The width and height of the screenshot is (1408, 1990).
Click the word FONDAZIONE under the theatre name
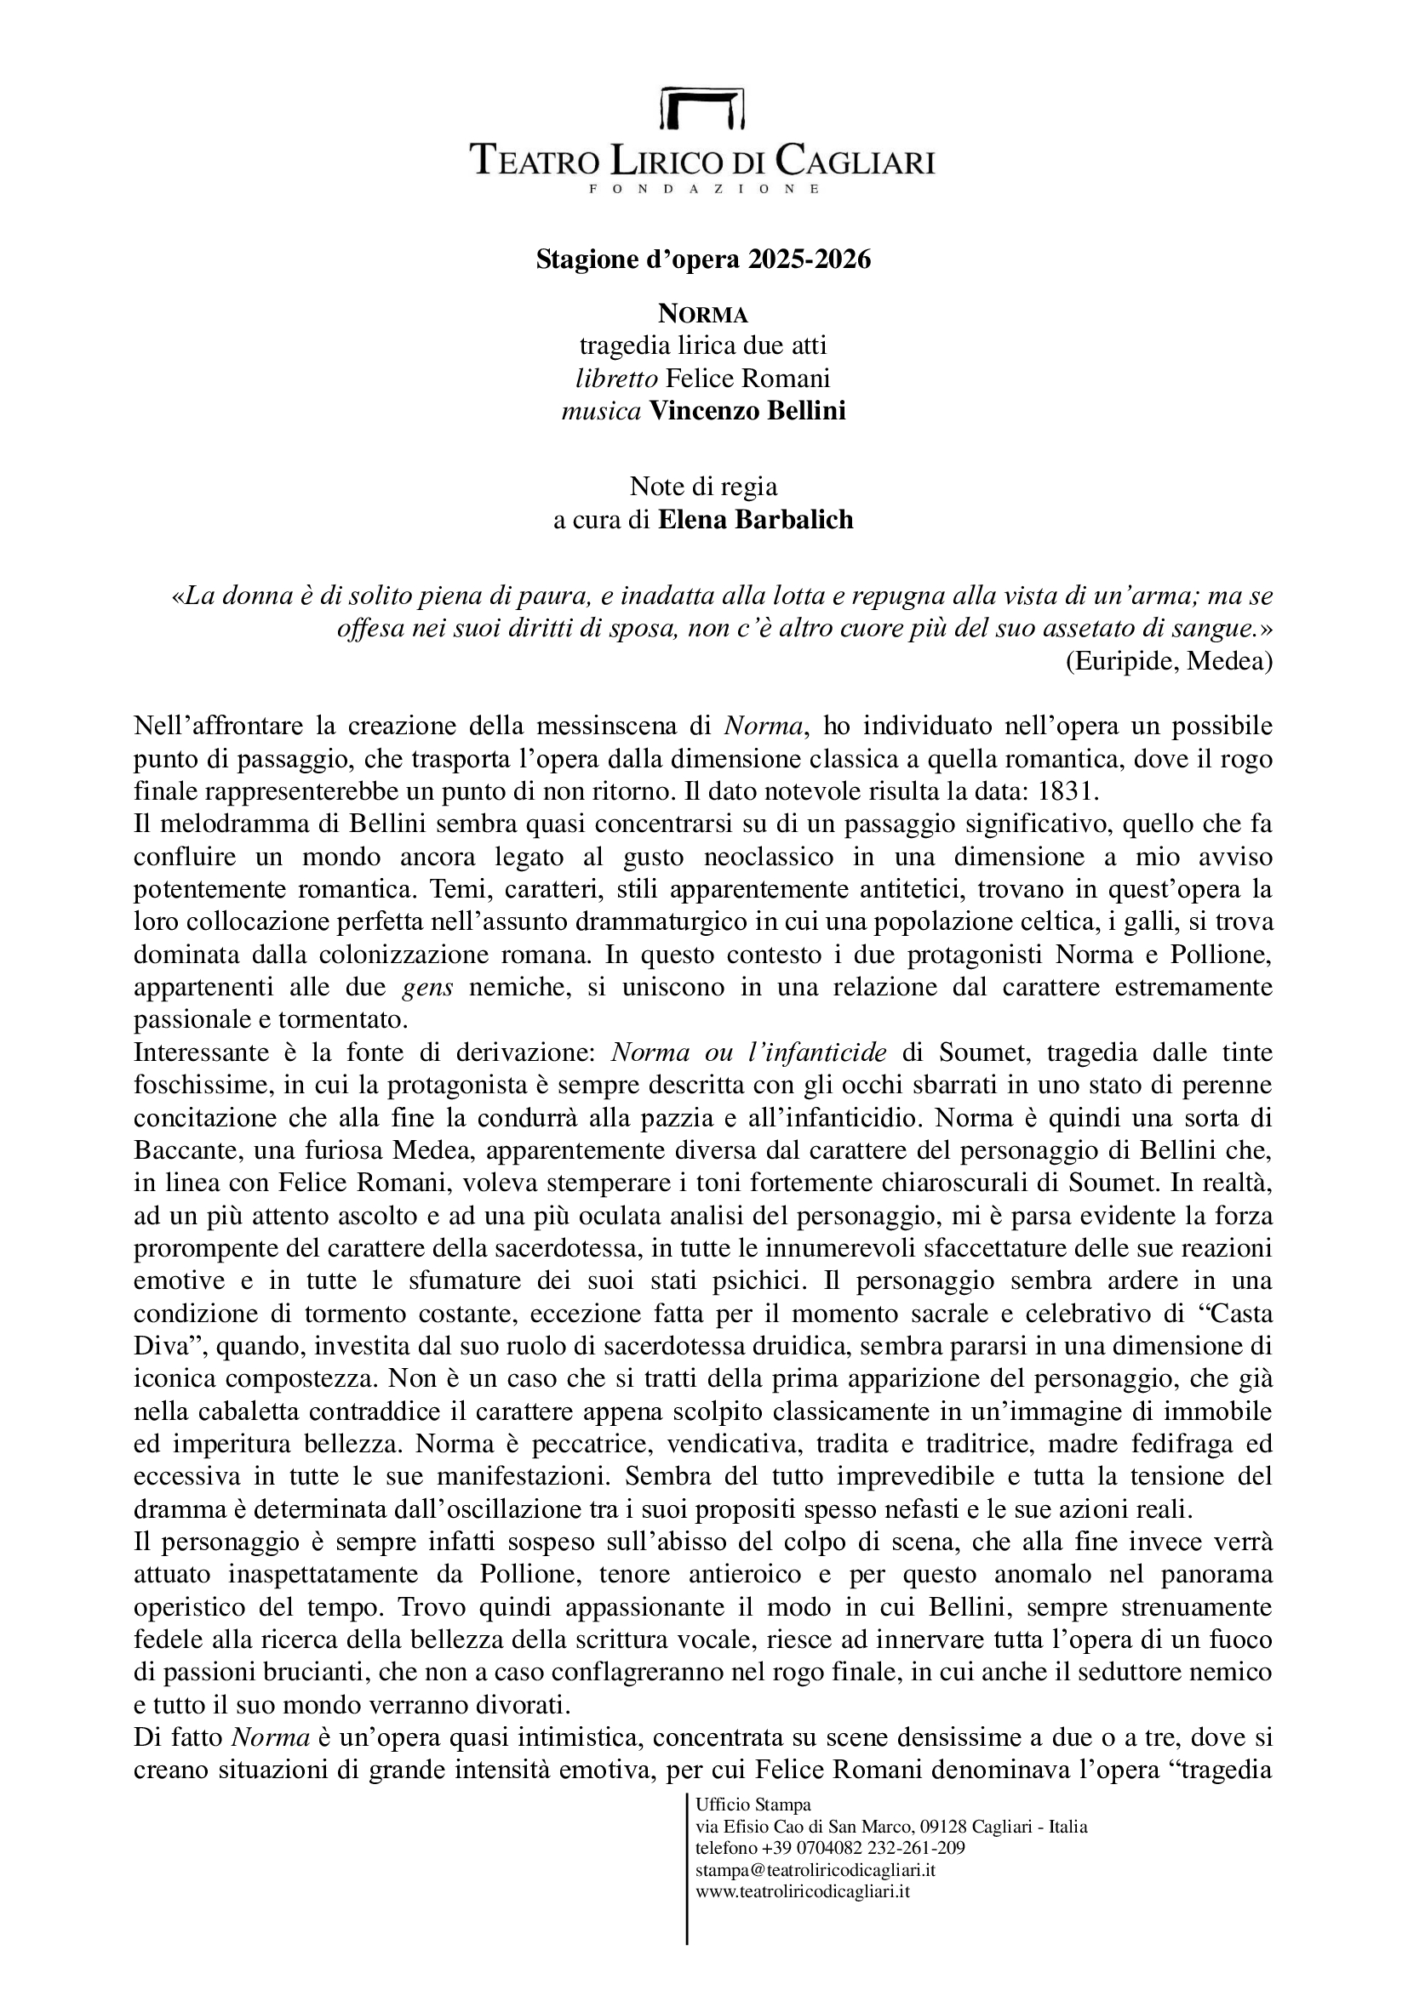click(x=703, y=189)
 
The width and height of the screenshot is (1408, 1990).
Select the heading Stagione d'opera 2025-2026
click(x=703, y=259)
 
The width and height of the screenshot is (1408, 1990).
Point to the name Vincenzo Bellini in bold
click(x=747, y=411)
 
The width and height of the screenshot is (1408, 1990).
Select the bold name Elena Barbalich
click(x=755, y=519)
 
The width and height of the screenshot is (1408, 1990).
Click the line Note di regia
click(x=703, y=487)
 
